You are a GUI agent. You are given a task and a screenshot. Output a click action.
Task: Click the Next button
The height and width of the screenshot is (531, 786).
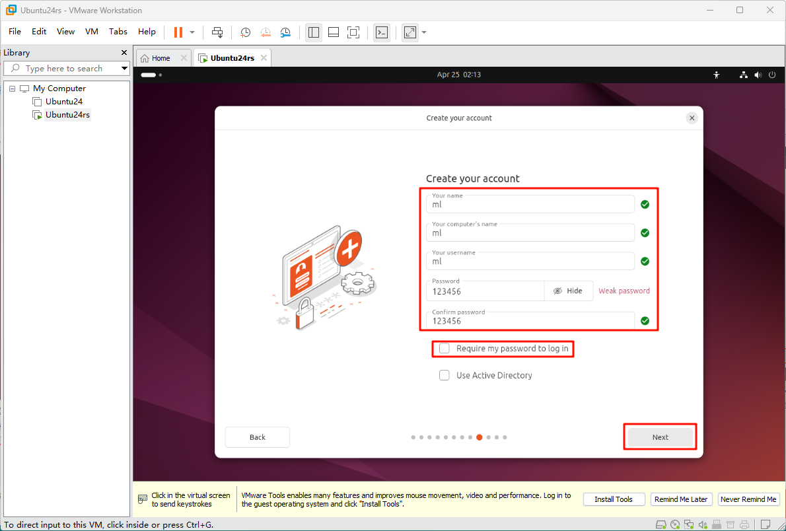click(x=661, y=437)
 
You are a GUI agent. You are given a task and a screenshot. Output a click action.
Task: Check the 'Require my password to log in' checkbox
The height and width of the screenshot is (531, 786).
click(x=444, y=349)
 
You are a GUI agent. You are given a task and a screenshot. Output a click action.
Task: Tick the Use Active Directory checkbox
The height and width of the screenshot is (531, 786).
click(x=444, y=375)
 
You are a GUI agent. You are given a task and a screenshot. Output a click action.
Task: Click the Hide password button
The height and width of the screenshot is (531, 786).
click(x=569, y=291)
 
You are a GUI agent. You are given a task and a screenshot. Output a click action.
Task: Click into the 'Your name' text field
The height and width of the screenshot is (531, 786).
click(x=530, y=204)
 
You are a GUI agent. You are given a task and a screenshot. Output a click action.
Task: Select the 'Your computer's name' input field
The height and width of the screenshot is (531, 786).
click(x=530, y=232)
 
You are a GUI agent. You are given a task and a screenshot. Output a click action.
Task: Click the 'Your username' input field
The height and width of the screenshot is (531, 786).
click(x=530, y=262)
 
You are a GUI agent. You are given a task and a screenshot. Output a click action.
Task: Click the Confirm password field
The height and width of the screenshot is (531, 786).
click(x=530, y=320)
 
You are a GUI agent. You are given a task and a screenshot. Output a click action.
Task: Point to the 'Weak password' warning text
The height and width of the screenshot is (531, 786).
click(x=624, y=291)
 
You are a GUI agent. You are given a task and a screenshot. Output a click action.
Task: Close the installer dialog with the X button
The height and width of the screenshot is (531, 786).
click(x=692, y=118)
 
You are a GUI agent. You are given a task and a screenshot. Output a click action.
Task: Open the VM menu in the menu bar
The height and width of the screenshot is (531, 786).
click(x=92, y=32)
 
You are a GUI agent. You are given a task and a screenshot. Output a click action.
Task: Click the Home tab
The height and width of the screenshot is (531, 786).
click(x=161, y=58)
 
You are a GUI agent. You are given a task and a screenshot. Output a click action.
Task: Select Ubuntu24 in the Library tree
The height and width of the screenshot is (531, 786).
click(x=63, y=101)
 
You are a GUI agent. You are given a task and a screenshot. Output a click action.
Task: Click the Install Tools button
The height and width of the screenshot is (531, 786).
click(x=613, y=499)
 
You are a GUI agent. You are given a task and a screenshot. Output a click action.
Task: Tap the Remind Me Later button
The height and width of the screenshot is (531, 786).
click(x=681, y=499)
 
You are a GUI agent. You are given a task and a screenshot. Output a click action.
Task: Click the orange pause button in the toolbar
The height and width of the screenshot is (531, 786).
click(x=178, y=32)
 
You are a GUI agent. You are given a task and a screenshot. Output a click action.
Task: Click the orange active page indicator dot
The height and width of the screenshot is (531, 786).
click(x=480, y=437)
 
